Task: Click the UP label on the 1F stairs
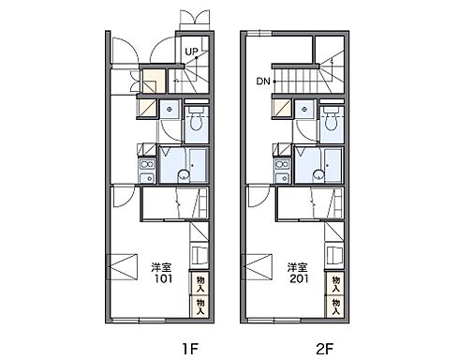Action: (191, 52)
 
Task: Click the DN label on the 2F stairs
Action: (263, 82)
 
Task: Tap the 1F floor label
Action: (190, 349)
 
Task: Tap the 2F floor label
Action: (325, 349)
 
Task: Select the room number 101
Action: (164, 278)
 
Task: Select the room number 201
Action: (299, 278)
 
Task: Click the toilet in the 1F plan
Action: (196, 119)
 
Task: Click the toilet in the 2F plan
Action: (332, 119)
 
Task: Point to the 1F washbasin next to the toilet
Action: (170, 109)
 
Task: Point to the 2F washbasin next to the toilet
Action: (304, 109)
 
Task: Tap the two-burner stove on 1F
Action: (148, 164)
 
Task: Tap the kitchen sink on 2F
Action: (283, 178)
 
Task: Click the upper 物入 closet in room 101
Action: (200, 283)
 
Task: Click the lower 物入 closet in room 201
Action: (335, 307)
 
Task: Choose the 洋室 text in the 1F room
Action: (161, 267)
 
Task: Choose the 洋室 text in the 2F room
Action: (297, 267)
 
